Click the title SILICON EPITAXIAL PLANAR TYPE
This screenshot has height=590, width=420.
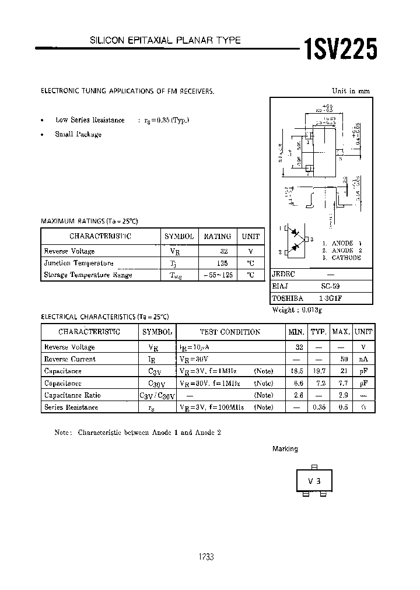164,40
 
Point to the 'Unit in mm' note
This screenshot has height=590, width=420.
351,91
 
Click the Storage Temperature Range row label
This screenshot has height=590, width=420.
88,275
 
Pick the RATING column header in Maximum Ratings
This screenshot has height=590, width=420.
217,236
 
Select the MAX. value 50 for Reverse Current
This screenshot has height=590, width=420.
344,359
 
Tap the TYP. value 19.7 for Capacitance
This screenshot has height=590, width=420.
318,371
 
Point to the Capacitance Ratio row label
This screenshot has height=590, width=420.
71,395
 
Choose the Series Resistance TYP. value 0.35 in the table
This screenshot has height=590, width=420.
318,408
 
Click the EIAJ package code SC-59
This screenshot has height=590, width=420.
330,286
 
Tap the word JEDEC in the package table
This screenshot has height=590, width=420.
284,274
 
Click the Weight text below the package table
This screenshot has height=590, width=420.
297,310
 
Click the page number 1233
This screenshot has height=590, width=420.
206,557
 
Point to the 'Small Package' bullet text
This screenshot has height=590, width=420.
78,134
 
